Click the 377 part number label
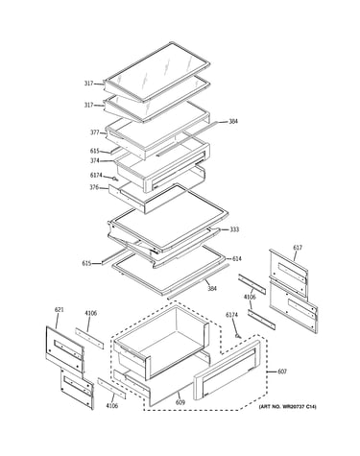pyautogui.click(x=94, y=132)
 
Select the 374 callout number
pyautogui.click(x=94, y=160)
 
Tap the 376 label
pyautogui.click(x=94, y=187)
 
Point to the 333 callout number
pyautogui.click(x=234, y=229)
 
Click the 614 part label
pyautogui.click(x=237, y=258)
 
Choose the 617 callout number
pyautogui.click(x=298, y=248)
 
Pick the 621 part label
pyautogui.click(x=59, y=310)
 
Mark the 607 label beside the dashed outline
pyautogui.click(x=282, y=372)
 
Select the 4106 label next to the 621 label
pyautogui.click(x=91, y=313)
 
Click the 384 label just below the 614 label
pyautogui.click(x=212, y=288)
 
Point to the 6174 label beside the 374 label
pyautogui.click(x=96, y=175)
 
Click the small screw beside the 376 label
pyautogui.click(x=114, y=179)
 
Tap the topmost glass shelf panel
pyautogui.click(x=157, y=72)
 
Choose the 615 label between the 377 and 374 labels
pyautogui.click(x=95, y=151)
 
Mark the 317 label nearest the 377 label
pyautogui.click(x=88, y=105)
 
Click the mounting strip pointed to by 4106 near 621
pyautogui.click(x=89, y=339)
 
